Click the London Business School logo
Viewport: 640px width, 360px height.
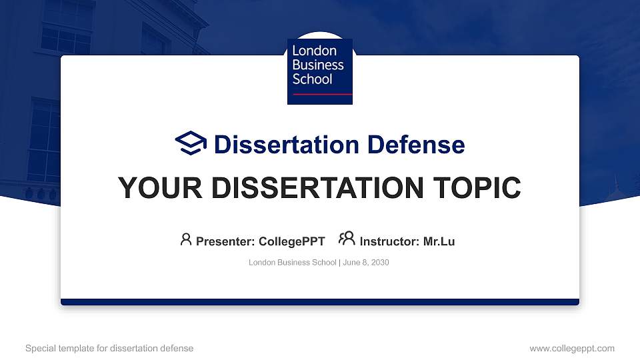click(319, 71)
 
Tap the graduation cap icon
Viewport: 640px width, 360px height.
click(191, 143)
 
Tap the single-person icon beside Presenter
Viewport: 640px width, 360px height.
click(186, 239)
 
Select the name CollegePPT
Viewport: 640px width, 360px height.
click(291, 241)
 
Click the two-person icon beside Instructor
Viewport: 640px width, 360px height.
click(347, 239)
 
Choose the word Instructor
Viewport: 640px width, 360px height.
click(389, 241)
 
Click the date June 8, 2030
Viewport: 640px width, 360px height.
click(366, 263)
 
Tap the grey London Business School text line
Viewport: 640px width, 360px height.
click(293, 263)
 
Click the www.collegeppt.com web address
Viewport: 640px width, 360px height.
click(572, 348)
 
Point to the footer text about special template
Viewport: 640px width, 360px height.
click(109, 348)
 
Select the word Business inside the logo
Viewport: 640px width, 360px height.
click(318, 65)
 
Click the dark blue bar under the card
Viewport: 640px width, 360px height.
click(319, 302)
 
